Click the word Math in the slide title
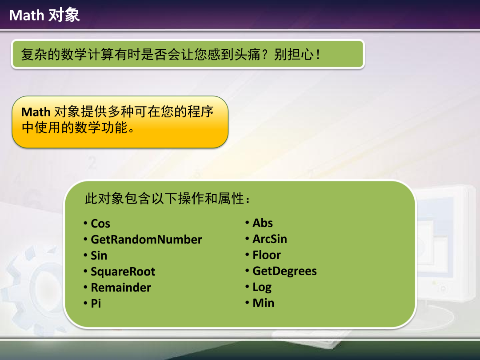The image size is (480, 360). (x=26, y=15)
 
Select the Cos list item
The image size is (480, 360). (x=100, y=224)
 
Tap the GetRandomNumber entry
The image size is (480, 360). (x=146, y=240)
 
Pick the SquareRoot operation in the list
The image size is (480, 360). (x=123, y=272)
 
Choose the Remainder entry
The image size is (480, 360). (x=121, y=288)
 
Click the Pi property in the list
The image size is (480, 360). (x=96, y=304)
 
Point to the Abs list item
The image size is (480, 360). (x=263, y=223)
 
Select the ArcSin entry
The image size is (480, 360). (x=270, y=239)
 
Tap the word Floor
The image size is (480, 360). (x=267, y=255)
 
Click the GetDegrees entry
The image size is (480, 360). (x=285, y=271)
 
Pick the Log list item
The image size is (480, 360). (x=262, y=287)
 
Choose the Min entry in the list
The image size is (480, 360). (x=263, y=303)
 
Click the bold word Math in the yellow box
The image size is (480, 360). (x=36, y=112)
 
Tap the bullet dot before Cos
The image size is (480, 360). (x=85, y=223)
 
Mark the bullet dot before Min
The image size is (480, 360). (x=247, y=303)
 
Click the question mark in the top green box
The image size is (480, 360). (x=265, y=55)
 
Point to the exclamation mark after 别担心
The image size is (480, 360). (x=318, y=55)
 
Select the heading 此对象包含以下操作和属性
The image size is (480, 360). (x=168, y=198)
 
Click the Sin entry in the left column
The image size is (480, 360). (x=99, y=255)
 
